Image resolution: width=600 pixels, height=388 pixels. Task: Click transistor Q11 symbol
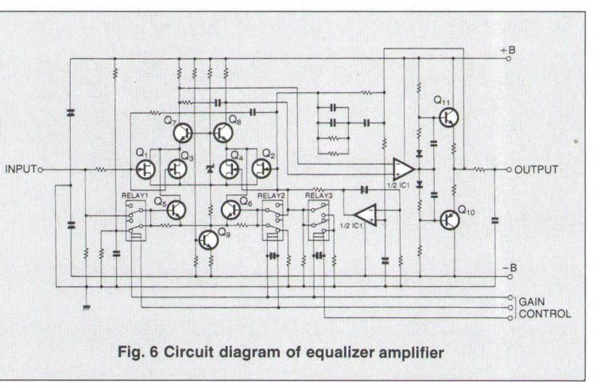pos(448,117)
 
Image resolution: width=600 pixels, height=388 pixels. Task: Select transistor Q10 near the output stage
pos(449,220)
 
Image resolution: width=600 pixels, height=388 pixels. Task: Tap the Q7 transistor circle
pos(183,133)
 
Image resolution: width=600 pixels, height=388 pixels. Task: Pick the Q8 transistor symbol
pos(223,133)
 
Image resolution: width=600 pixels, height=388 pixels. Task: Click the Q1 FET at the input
pos(145,169)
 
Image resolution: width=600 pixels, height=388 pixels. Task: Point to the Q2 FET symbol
pos(261,169)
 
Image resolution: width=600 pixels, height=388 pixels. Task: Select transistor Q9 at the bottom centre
pos(208,240)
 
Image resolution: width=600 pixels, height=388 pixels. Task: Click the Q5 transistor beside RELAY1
pos(176,210)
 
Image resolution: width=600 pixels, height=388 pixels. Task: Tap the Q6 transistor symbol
pos(231,210)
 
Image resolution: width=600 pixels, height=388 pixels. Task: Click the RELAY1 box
pos(136,220)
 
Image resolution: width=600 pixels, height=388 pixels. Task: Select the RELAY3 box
pos(319,220)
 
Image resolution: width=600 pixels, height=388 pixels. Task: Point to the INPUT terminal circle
pos(41,169)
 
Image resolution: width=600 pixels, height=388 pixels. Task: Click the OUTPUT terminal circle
pos(509,169)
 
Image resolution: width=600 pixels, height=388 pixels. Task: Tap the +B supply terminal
pos(509,59)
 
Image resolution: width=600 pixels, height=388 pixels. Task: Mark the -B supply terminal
pos(509,276)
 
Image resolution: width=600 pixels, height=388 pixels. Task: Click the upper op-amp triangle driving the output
pos(404,169)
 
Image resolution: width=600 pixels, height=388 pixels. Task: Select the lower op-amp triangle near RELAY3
pos(366,215)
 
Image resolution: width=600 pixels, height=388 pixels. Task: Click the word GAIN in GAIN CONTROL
pos(532,302)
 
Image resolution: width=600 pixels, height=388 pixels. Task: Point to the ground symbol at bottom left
pos(87,307)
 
